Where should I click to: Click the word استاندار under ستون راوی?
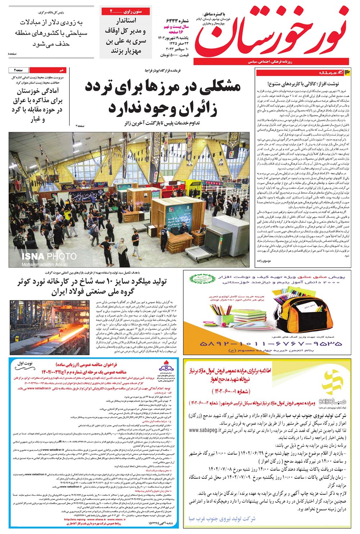click(x=126, y=21)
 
